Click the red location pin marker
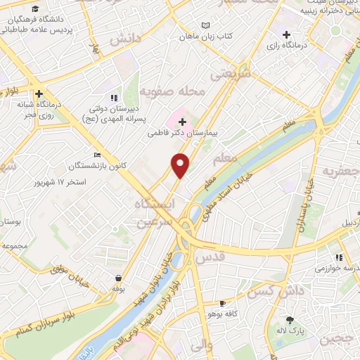(x=181, y=165)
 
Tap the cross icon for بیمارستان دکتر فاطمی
(x=182, y=122)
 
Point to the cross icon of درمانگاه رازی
(x=286, y=34)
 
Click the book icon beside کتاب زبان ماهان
(x=205, y=25)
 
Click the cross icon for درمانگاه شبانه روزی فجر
(x=39, y=93)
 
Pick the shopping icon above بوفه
(x=117, y=278)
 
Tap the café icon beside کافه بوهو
(x=222, y=304)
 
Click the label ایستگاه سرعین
(x=157, y=212)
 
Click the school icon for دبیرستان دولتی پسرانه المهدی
(x=114, y=98)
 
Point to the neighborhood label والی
(x=201, y=345)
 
